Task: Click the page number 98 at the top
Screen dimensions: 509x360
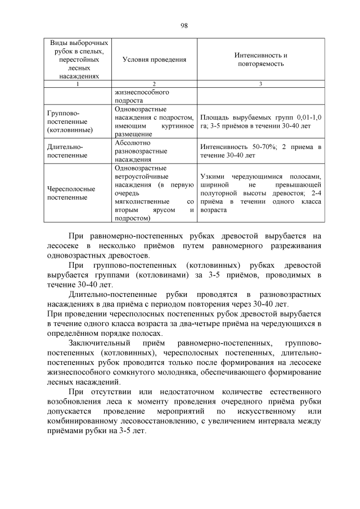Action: coord(184,25)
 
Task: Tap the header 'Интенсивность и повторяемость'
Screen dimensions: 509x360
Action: coord(260,60)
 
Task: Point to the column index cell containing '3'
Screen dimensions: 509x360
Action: coord(260,84)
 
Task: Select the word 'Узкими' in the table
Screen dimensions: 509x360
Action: coord(211,176)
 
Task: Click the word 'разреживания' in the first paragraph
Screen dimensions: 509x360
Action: coord(295,245)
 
